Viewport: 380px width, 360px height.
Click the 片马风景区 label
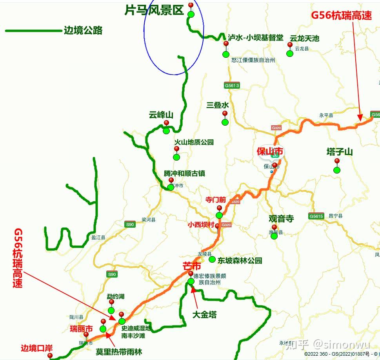point(154,10)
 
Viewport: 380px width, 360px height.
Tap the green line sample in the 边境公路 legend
point(33,30)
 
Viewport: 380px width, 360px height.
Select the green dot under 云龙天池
point(290,53)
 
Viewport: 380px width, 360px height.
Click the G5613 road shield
point(232,86)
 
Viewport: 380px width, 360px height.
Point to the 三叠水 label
point(218,105)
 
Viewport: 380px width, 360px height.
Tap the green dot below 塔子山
point(337,170)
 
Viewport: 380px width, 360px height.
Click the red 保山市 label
point(270,152)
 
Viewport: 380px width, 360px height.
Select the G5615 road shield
point(316,216)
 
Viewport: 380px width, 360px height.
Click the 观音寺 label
point(281,219)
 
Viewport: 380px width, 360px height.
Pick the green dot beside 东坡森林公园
point(212,259)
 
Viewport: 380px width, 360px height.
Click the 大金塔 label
point(204,315)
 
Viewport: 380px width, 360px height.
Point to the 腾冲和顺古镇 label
point(184,173)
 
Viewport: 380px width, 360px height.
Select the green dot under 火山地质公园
point(176,157)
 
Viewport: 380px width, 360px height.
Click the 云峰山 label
point(161,115)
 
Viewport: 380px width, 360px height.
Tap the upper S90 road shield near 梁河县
point(130,225)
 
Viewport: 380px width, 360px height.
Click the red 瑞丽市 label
point(81,329)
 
